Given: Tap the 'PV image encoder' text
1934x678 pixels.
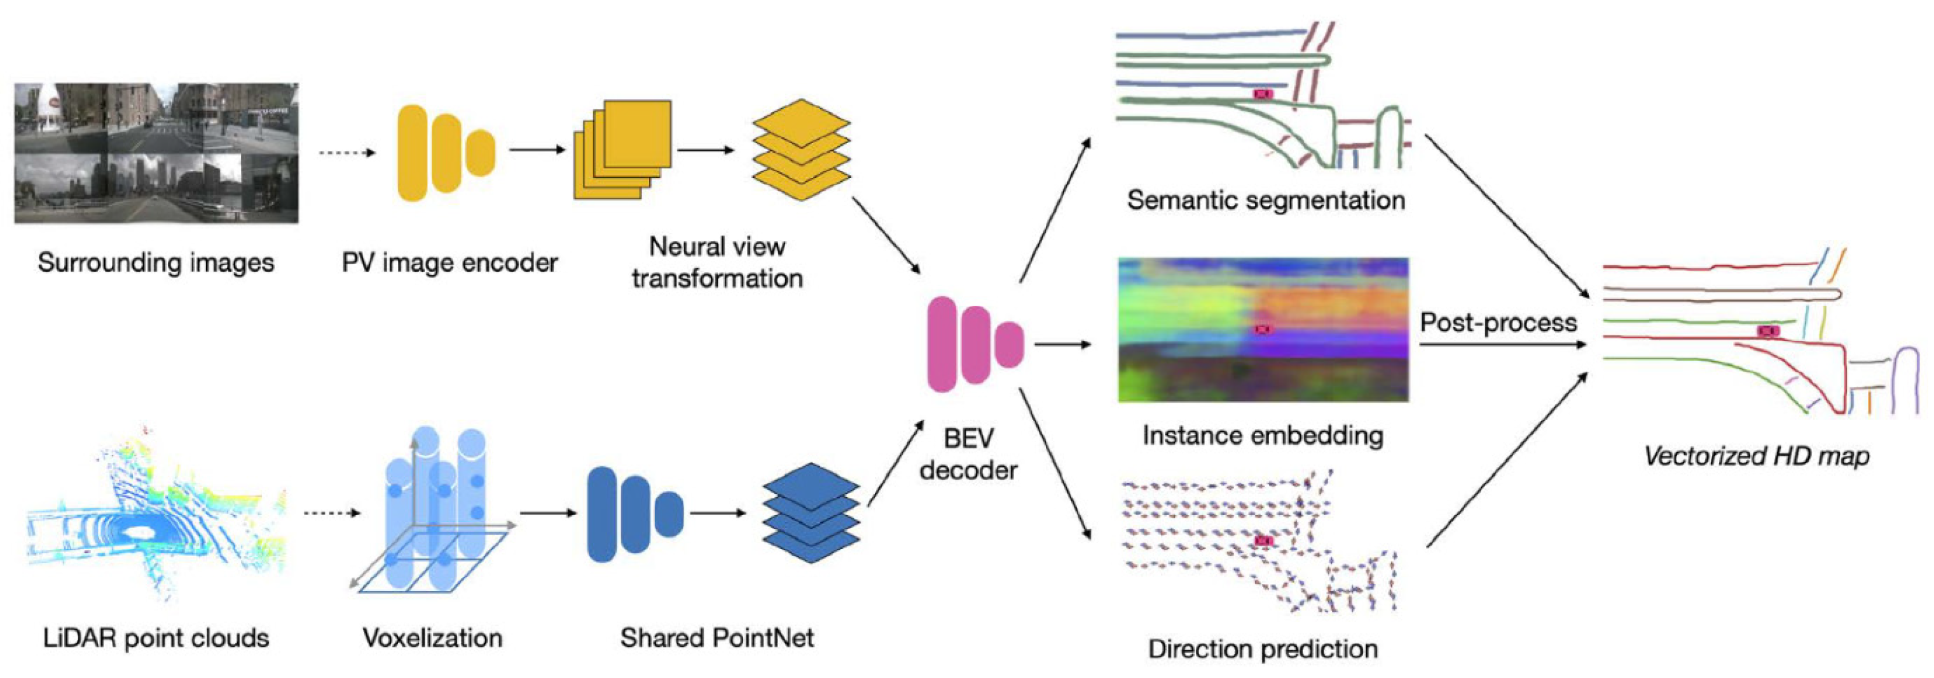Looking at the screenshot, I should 449,263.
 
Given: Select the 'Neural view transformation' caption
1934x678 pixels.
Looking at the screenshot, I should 717,262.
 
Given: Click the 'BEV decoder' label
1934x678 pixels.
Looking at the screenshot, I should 968,453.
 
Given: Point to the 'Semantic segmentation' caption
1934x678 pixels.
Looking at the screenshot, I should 1266,200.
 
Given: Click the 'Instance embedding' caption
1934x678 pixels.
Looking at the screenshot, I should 1263,436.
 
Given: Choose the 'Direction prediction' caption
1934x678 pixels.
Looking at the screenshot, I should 1263,649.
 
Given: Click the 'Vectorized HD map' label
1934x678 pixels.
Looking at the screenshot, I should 1756,456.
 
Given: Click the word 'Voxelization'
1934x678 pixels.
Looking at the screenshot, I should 432,638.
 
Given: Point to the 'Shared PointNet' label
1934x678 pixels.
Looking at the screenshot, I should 717,638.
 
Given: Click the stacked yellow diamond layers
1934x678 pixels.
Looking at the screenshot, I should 801,149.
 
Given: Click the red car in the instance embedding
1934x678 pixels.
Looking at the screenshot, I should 1265,329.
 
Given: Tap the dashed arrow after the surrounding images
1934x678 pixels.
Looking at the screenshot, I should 347,153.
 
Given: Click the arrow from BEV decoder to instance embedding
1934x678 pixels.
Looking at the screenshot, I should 1063,345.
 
